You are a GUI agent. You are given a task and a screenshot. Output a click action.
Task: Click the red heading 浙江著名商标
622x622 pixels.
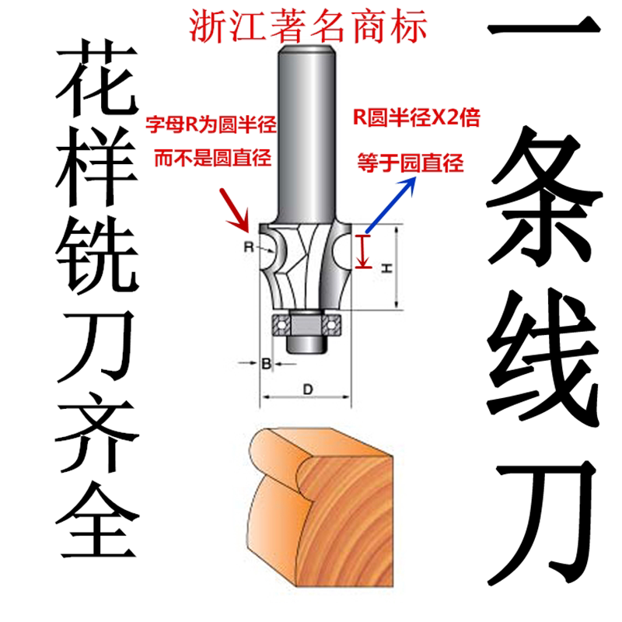tap(309, 26)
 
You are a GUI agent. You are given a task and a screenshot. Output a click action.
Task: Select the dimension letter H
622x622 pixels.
tap(386, 267)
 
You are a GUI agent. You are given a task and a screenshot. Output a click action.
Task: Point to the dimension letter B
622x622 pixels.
tap(265, 363)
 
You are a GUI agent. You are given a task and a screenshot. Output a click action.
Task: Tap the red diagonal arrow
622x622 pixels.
tap(235, 210)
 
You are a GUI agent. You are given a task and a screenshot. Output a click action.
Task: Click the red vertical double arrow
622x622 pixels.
tap(362, 250)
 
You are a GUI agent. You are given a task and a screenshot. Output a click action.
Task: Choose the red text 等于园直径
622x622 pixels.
tap(410, 163)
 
